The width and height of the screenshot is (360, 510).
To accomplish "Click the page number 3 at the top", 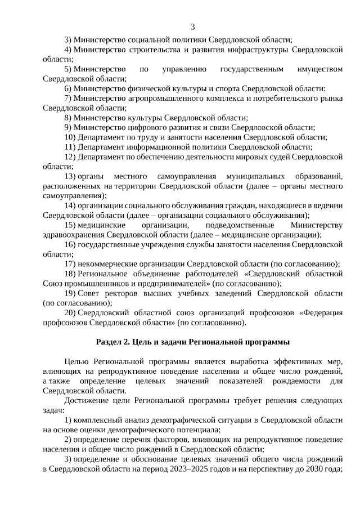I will coord(193,26).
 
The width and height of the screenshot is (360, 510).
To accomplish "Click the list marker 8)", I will coord(70,118).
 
